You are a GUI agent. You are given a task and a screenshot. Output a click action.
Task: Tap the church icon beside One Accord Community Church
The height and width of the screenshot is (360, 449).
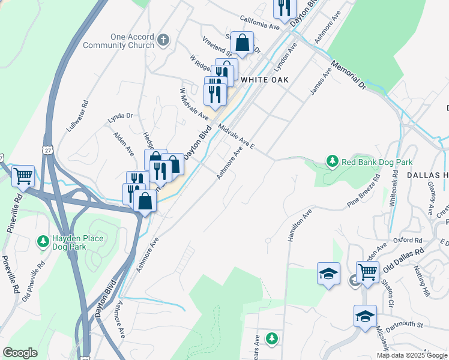click(163, 41)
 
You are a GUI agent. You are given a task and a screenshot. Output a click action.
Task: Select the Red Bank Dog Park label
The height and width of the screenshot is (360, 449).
click(377, 162)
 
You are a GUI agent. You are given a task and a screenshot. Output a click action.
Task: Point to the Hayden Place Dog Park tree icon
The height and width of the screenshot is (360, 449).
click(43, 242)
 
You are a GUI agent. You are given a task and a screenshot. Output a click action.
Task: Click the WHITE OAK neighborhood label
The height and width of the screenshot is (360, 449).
click(265, 80)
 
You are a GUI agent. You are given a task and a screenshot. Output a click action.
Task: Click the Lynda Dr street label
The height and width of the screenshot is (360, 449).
click(119, 116)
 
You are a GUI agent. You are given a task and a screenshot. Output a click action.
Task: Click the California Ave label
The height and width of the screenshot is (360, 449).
click(260, 23)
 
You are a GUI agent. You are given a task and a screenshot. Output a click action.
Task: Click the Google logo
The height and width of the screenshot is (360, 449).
click(20, 353)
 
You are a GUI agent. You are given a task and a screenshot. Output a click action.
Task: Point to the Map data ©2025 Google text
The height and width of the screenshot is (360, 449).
click(411, 355)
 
